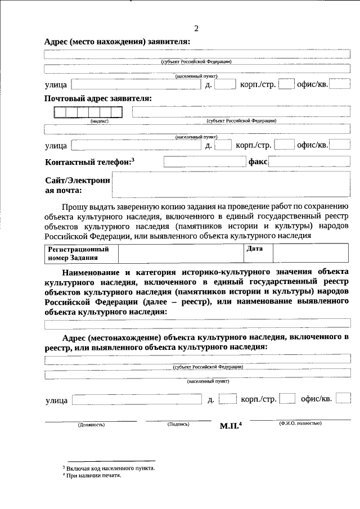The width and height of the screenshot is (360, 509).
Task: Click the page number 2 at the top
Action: [196, 29]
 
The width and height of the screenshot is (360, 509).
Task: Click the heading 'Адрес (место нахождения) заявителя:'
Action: [117, 42]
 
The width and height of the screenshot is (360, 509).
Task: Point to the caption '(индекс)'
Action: [99, 120]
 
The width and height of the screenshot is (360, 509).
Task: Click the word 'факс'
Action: [258, 162]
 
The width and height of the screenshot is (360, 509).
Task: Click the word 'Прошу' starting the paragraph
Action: [74, 207]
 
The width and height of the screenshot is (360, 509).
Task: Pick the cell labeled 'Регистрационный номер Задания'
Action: [80, 253]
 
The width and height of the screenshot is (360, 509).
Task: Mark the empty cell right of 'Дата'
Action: [311, 253]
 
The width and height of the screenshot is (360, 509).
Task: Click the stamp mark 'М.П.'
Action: [230, 426]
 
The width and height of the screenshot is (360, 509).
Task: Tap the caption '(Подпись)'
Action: [178, 424]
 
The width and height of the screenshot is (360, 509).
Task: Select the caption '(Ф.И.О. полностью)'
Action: [300, 423]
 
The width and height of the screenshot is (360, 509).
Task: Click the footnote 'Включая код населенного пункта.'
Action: [110, 468]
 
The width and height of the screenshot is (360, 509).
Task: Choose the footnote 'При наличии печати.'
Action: [93, 475]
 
